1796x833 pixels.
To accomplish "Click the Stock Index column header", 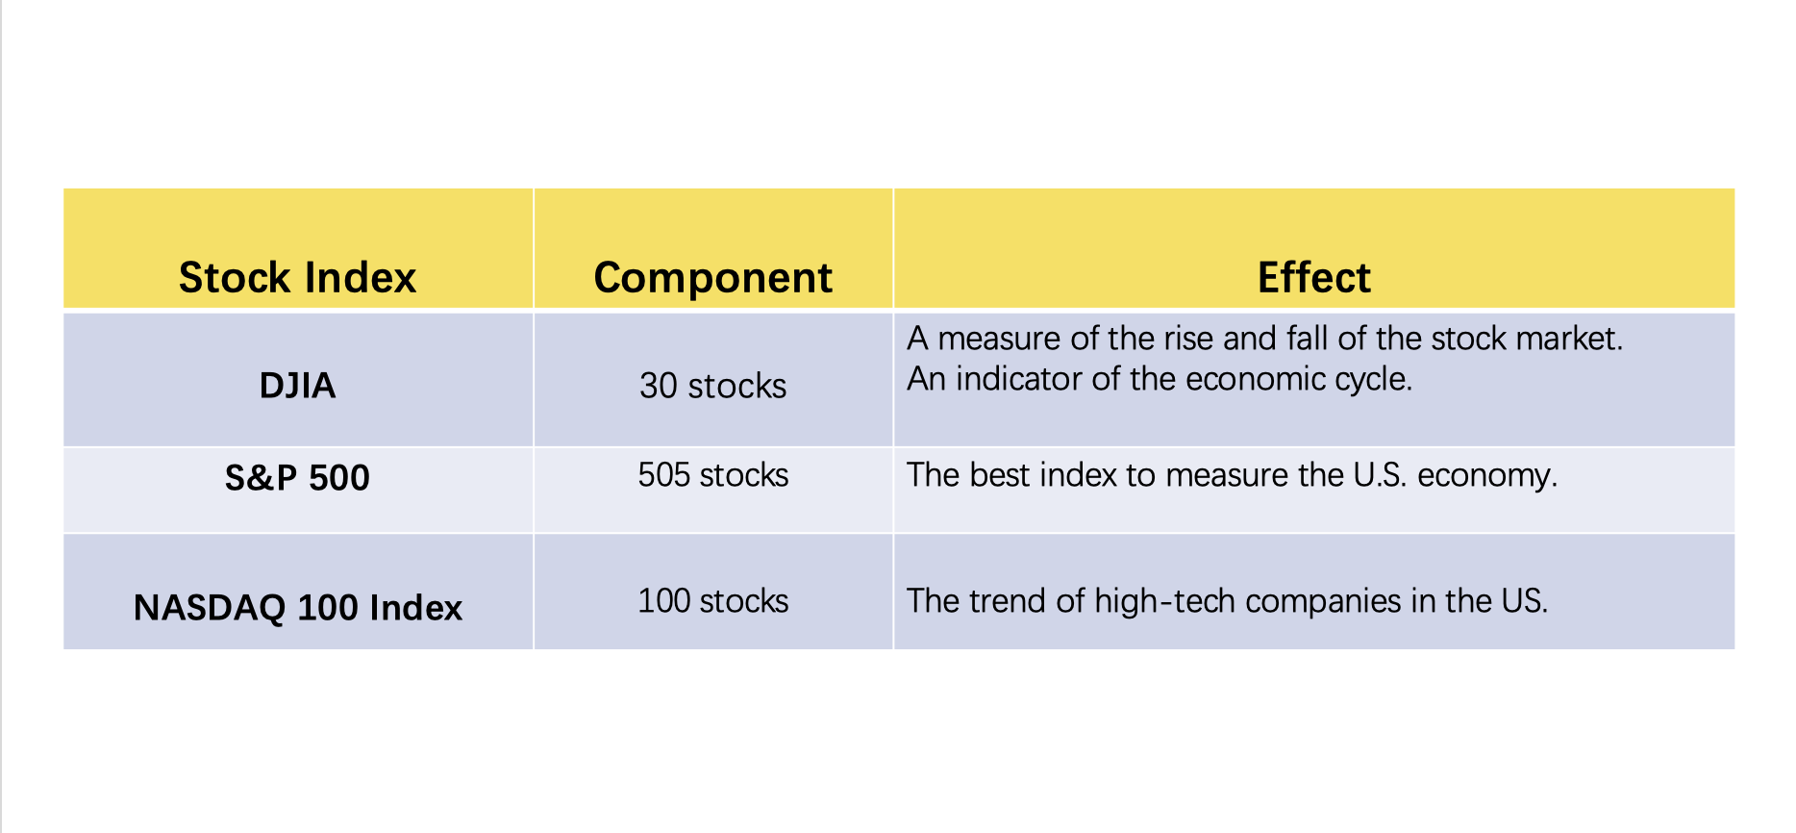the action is pos(297,277).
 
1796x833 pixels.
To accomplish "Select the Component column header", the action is pos(712,278).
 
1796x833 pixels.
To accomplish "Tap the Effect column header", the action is pos(1313,277).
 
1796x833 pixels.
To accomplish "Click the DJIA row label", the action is pos(297,386).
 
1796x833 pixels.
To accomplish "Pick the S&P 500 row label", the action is pos(297,478).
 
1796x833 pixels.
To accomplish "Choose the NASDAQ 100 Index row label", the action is pos(297,608).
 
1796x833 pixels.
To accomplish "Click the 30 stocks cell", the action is pos(712,386).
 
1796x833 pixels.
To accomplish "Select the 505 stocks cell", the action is pos(712,475).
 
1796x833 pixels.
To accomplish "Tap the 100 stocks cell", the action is pos(712,601).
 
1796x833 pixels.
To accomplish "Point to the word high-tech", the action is pos(1165,602).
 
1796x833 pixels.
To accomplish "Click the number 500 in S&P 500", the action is pos(339,478).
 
